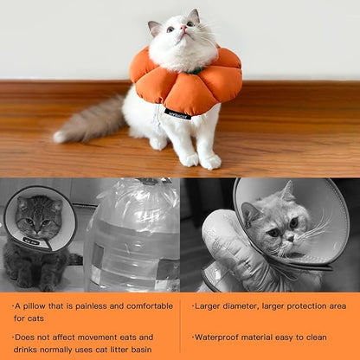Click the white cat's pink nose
(x=183, y=28)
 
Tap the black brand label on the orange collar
(x=177, y=114)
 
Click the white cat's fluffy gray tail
(x=90, y=121)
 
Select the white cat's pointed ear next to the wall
(x=194, y=16)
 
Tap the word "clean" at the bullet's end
(x=317, y=337)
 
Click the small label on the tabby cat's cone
(x=30, y=241)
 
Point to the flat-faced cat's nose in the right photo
(x=290, y=239)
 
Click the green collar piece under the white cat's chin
(x=196, y=71)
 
